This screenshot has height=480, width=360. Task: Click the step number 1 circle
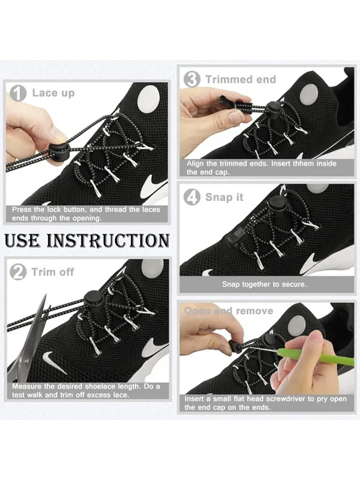tap(17, 93)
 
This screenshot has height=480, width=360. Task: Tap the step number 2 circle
tap(17, 272)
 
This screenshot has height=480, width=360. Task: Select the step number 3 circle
tap(192, 80)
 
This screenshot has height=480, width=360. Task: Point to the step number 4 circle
tap(192, 197)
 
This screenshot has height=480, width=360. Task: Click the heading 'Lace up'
tap(53, 93)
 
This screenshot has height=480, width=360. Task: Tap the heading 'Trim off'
tap(52, 272)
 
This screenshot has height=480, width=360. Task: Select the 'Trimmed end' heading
tap(241, 80)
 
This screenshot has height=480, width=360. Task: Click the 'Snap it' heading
tap(225, 197)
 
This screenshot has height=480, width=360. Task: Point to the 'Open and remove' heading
tap(228, 311)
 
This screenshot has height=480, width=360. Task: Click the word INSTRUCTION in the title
tap(107, 241)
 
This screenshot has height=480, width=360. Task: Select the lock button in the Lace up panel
tap(57, 151)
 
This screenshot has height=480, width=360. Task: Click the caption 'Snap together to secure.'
tap(264, 285)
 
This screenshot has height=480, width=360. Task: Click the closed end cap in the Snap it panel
tap(236, 237)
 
